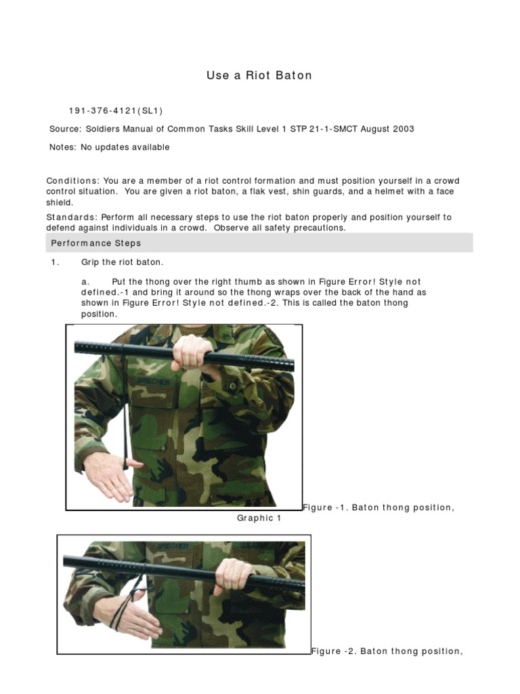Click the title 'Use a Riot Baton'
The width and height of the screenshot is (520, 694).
tap(259, 75)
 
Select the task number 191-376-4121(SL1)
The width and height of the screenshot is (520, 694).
tap(116, 111)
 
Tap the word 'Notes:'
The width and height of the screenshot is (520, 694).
tap(64, 147)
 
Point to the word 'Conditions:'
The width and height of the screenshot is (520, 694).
tap(72, 181)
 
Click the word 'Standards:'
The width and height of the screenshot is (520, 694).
tap(71, 217)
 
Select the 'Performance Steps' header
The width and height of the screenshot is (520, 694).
tap(95, 243)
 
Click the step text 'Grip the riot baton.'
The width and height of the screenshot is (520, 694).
tap(123, 262)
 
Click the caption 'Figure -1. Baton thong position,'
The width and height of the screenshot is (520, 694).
tap(378, 508)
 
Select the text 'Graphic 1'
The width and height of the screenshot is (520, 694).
tap(259, 518)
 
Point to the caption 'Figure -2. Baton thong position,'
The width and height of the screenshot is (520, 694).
tap(387, 651)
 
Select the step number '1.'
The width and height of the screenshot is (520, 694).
tap(56, 262)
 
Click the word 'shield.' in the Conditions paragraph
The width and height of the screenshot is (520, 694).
tap(60, 203)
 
